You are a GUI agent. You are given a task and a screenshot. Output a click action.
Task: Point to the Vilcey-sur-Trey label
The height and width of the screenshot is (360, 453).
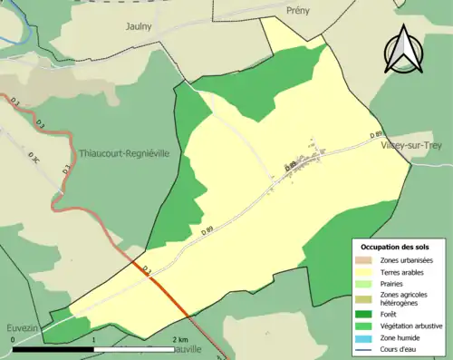point(413,145)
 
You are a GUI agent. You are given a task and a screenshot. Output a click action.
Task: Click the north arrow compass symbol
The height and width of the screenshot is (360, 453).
point(405,50)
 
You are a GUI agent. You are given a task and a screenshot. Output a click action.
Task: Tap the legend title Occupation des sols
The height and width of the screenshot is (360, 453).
point(395,247)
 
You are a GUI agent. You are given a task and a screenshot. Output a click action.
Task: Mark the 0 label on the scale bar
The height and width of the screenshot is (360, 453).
point(13,339)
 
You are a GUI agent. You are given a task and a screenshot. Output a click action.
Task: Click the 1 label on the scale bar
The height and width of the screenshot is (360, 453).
point(94,339)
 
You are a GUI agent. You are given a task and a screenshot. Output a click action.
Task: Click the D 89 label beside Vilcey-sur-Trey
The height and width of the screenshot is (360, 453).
point(375,135)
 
